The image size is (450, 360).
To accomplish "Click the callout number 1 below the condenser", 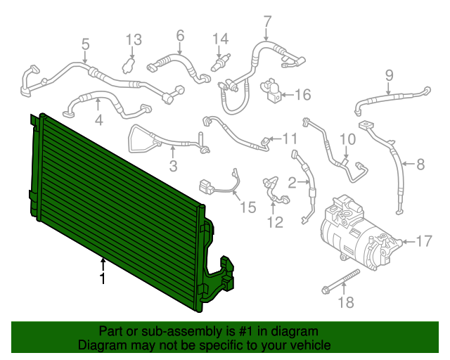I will tap(103, 279).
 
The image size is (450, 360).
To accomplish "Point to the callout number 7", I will tap(267, 20).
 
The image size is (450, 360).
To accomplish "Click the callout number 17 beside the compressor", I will tap(423, 242).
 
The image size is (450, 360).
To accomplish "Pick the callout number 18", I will tap(346, 303).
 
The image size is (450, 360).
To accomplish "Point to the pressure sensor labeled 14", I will tap(219, 65).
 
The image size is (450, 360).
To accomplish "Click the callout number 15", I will tap(247, 207).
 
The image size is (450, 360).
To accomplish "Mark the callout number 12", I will tap(274, 223).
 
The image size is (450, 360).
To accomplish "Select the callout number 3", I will tap(172, 167).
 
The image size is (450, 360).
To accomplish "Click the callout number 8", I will tap(420, 165).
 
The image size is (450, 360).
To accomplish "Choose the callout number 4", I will tap(98, 120).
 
